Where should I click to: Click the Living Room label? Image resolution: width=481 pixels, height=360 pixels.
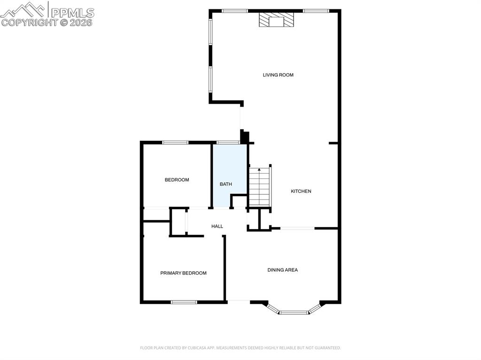click(x=278, y=75)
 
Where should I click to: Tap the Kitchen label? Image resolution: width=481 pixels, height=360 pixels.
click(x=301, y=191)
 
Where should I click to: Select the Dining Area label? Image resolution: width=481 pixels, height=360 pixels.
click(x=283, y=270)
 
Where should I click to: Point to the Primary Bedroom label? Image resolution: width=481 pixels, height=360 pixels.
click(x=183, y=273)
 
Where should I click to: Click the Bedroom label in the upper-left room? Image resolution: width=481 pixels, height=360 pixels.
click(x=177, y=180)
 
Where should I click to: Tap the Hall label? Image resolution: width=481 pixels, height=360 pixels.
click(x=217, y=226)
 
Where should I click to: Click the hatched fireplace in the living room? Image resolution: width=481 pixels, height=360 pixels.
click(x=277, y=20)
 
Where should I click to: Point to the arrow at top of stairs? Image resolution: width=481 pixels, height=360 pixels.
click(x=259, y=169)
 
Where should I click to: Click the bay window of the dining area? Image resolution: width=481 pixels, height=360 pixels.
click(x=294, y=311)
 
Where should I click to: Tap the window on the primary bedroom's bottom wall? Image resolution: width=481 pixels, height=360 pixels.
click(x=184, y=302)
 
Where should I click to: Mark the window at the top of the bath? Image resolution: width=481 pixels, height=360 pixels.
click(x=228, y=142)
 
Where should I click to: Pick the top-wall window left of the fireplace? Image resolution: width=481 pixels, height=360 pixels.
click(x=234, y=11)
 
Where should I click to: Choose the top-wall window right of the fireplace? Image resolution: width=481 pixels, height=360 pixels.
click(x=315, y=11)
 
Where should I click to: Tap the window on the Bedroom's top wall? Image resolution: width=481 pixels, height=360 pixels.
click(x=175, y=142)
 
